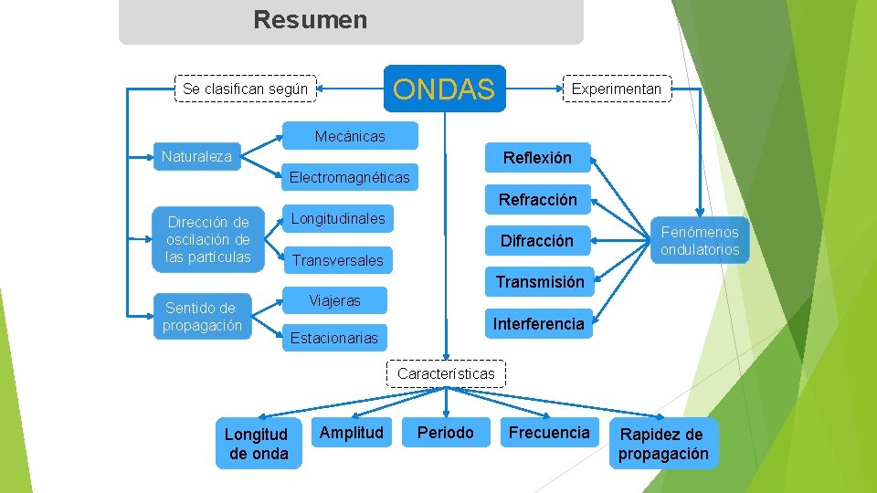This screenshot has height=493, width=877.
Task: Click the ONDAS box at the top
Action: click(x=444, y=89)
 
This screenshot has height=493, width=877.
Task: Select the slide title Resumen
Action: click(x=311, y=19)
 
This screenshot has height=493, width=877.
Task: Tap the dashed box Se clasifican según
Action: click(x=245, y=89)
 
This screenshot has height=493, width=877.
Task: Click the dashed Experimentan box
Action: click(x=616, y=89)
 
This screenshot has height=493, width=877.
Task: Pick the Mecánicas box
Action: click(x=350, y=136)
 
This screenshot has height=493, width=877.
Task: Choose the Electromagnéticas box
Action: click(x=349, y=176)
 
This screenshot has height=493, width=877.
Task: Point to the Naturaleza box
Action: click(x=196, y=156)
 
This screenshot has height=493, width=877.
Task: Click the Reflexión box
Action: click(x=537, y=158)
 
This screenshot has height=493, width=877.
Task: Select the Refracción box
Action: click(x=537, y=199)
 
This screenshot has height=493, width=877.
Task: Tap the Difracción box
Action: click(x=537, y=241)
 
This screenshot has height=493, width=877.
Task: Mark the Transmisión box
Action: click(x=539, y=282)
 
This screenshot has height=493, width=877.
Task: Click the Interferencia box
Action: click(x=538, y=323)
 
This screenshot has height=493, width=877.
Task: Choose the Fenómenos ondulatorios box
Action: click(x=700, y=241)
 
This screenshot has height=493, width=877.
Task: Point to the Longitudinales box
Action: click(x=338, y=218)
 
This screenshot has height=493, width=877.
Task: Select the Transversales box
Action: click(x=337, y=260)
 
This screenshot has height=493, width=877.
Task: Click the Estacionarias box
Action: click(x=333, y=338)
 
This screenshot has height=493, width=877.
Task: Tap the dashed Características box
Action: click(x=446, y=373)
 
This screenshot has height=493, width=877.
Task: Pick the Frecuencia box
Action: click(x=549, y=432)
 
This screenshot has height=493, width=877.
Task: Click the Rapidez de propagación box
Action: click(x=663, y=444)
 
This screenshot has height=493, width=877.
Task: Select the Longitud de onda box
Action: click(x=258, y=444)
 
